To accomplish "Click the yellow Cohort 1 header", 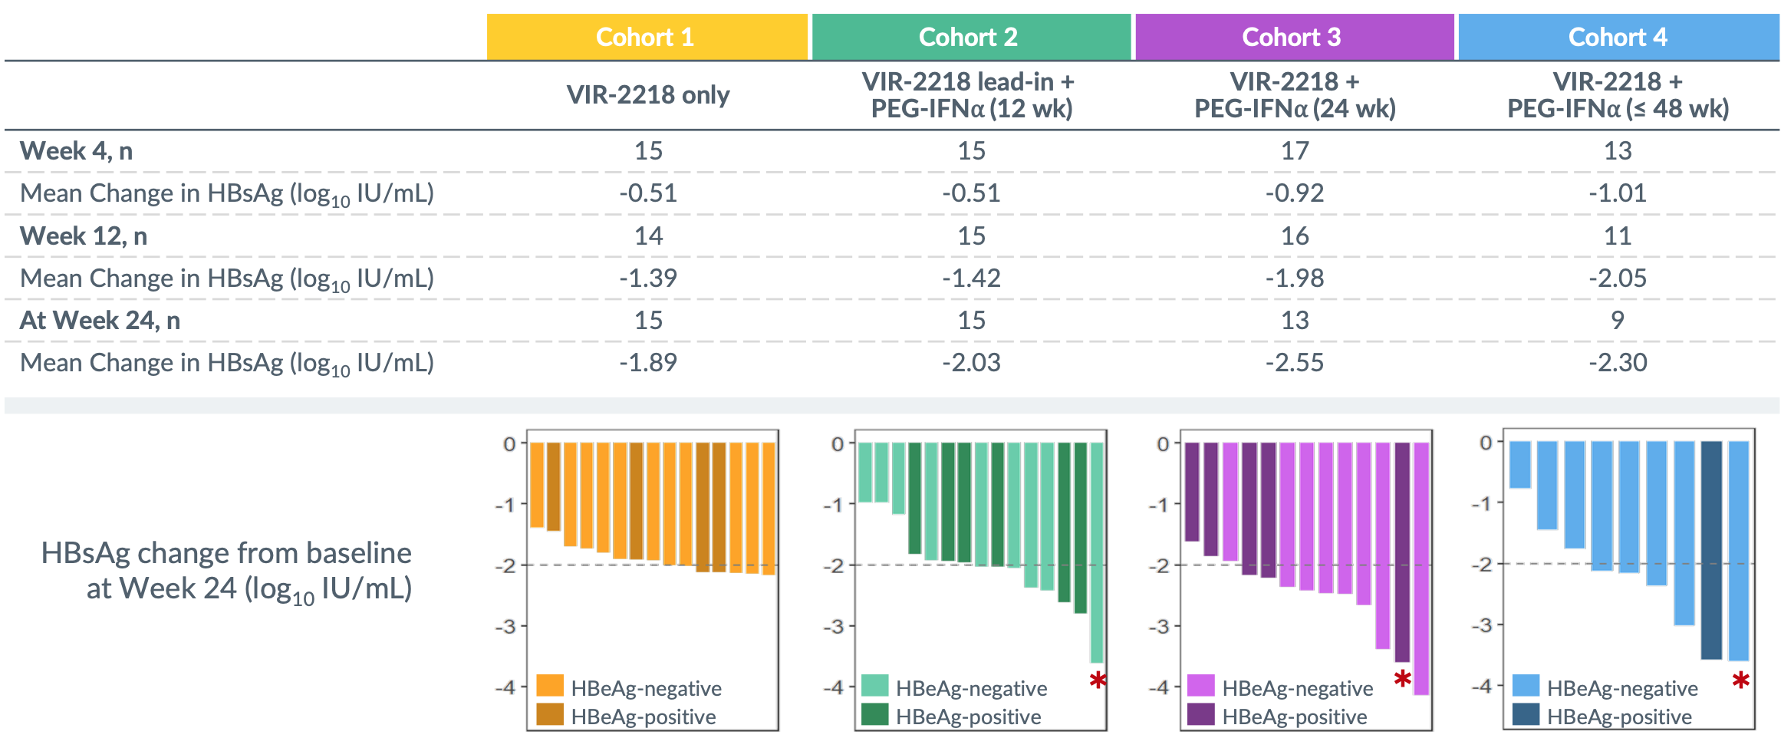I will click(x=647, y=37).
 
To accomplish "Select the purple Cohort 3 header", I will click(x=1293, y=37).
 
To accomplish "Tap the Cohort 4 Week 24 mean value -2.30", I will click(x=1618, y=362).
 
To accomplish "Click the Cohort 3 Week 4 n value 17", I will click(x=1295, y=151).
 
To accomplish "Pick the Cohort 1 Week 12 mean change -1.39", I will click(x=648, y=278).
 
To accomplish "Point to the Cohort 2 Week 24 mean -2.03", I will click(x=971, y=362).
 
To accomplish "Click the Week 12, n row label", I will click(x=84, y=236).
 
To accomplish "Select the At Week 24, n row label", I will click(x=100, y=321).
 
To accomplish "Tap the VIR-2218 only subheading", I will click(x=648, y=95).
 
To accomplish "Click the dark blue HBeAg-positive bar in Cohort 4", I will click(x=1711, y=549).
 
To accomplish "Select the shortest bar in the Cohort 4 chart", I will click(x=1520, y=465).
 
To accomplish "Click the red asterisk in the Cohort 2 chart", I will click(x=1098, y=680).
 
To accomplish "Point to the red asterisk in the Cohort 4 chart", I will click(x=1740, y=680).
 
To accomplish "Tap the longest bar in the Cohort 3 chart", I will click(x=1421, y=568).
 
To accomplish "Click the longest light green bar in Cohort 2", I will click(x=1097, y=552).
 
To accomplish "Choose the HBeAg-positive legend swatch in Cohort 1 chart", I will click(x=550, y=715).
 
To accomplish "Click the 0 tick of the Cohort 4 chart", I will click(x=1486, y=443).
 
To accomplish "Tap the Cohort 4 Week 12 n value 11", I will click(x=1618, y=236).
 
